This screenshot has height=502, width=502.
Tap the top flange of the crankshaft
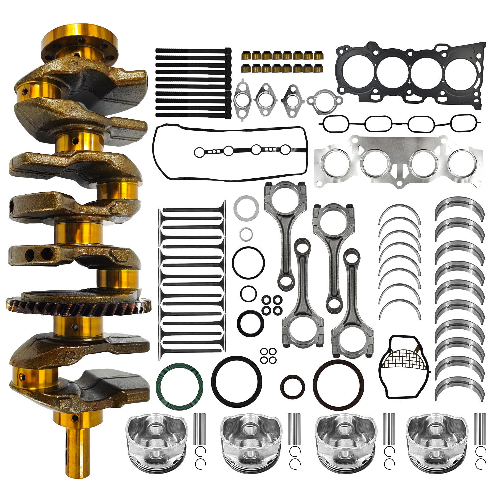pyautogui.click(x=80, y=40)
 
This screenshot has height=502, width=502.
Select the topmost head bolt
pyautogui.click(x=193, y=50)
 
